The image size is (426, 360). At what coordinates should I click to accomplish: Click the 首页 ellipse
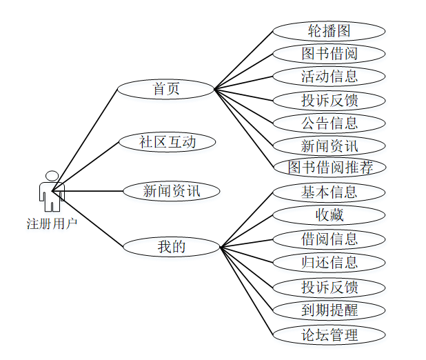(165, 89)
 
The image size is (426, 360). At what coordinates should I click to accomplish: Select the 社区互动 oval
(168, 142)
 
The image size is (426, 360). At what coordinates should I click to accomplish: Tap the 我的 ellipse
(171, 246)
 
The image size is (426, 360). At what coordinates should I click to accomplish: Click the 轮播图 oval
(329, 31)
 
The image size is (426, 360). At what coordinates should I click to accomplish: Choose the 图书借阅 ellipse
(329, 54)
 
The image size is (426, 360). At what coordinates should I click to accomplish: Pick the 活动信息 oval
(329, 76)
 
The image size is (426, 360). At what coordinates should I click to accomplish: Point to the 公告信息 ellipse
(329, 123)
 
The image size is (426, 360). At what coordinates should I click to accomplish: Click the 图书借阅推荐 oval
(329, 167)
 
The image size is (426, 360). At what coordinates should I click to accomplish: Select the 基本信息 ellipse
(329, 192)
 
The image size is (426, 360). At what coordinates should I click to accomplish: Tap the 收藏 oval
(329, 215)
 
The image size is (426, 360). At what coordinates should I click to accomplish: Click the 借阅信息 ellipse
(329, 239)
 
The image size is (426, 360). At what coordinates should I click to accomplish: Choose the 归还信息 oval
(329, 262)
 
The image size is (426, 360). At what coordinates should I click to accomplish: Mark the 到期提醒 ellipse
(329, 310)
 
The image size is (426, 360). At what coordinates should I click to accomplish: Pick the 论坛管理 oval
(329, 335)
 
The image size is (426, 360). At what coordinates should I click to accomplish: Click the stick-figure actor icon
(52, 192)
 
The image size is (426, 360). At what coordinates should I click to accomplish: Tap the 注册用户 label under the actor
(52, 223)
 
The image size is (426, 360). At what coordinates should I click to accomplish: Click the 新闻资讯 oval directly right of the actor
(171, 191)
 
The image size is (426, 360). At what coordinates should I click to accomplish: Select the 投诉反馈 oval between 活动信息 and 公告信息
(329, 100)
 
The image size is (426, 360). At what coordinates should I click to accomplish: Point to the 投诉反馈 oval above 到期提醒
(329, 287)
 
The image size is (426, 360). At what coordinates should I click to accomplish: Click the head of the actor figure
(52, 176)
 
